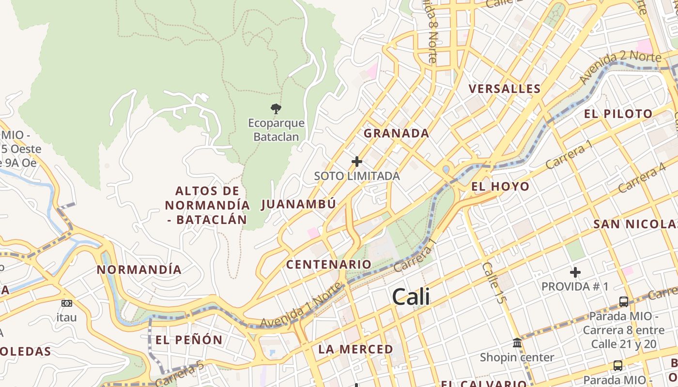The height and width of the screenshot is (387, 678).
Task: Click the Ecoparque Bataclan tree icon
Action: (276, 109)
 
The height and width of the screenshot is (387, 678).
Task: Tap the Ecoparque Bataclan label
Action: (276, 130)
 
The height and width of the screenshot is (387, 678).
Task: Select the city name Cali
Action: (411, 296)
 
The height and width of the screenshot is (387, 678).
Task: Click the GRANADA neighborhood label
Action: (396, 134)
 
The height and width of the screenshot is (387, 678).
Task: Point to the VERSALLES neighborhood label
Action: (505, 89)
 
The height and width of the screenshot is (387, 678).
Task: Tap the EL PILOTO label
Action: (618, 114)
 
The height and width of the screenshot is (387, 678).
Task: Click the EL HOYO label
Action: (500, 186)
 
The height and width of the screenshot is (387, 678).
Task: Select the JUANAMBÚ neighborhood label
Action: (299, 204)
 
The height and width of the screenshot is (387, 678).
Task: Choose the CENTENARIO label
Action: (328, 265)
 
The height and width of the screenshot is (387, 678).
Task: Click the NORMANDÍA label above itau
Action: (139, 269)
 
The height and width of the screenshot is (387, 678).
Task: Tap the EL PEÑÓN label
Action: (189, 340)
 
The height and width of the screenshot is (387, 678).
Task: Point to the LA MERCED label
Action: (355, 349)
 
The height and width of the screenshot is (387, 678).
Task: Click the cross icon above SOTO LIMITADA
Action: (357, 162)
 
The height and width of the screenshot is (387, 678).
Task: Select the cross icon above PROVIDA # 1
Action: (575, 273)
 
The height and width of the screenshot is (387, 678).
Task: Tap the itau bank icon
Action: (67, 303)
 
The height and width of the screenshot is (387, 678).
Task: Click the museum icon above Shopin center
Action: (517, 343)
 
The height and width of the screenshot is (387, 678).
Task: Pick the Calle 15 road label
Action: (493, 283)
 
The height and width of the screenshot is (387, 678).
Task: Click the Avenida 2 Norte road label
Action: (620, 67)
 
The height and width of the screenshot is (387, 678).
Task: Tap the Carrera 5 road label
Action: (180, 374)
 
